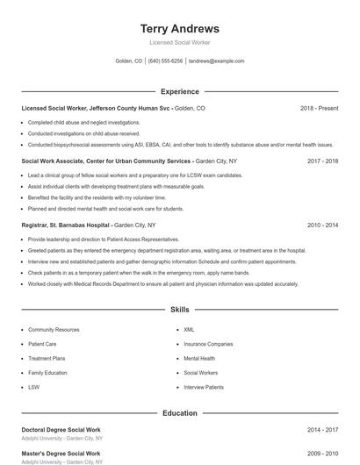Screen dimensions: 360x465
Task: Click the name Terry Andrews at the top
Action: coord(179,28)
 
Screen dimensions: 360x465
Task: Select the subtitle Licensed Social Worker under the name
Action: coord(179,42)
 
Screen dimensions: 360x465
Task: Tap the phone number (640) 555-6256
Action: coord(165,61)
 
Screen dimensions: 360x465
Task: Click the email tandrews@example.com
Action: coord(217,61)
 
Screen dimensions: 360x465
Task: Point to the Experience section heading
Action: coord(179,91)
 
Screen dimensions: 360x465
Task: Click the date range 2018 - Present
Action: coord(319,108)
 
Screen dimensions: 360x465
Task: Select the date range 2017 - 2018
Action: coord(323,161)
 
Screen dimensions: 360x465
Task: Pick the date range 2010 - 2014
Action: coord(323,225)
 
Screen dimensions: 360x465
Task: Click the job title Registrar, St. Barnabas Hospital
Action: coord(66,225)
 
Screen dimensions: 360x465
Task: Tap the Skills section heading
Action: coord(179,310)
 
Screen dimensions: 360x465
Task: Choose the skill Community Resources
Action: coord(54,330)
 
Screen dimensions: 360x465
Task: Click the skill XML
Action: coord(189,330)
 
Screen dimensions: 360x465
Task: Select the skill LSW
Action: coord(33,387)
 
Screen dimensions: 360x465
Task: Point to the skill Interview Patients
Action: coord(203,387)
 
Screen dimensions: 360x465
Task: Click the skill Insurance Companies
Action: coord(208,344)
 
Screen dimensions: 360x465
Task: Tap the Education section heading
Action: coord(179,413)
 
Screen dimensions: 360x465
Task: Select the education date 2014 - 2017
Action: coord(323,430)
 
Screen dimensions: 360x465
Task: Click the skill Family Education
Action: coord(47,373)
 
